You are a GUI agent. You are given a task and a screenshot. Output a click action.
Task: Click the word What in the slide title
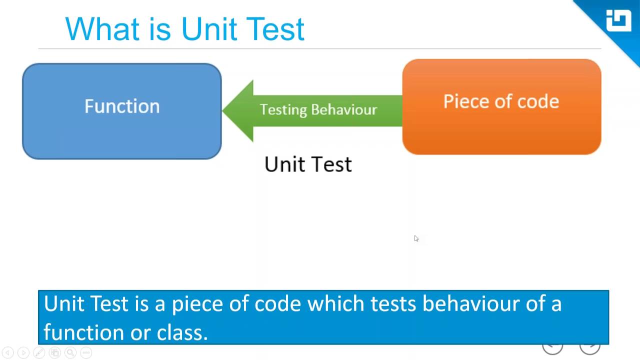[x=102, y=28]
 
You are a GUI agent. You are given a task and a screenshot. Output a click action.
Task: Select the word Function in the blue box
[x=122, y=106]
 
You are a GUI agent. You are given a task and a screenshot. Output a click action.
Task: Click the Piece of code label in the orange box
[x=501, y=101]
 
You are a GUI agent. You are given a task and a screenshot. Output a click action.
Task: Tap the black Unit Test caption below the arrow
[x=308, y=164]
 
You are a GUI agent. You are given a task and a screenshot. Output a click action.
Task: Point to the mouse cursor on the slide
[x=416, y=238]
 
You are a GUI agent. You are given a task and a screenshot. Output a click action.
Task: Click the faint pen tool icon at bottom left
[x=39, y=352]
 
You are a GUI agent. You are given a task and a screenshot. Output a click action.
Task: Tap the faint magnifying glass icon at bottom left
[x=70, y=352]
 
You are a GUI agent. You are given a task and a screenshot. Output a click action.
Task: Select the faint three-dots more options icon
[x=86, y=352]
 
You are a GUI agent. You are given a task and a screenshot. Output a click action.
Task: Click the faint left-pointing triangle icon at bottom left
[x=7, y=352]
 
